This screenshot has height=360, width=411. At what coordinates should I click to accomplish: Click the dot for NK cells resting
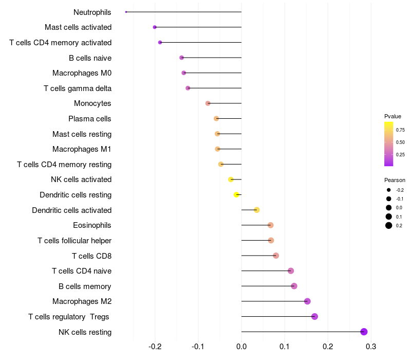coord(364,332)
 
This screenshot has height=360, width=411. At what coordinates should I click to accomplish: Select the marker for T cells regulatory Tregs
coord(314,316)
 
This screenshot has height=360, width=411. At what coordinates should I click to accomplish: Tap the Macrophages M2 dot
coord(307,301)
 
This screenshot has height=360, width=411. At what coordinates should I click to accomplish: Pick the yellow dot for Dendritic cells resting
coord(236,194)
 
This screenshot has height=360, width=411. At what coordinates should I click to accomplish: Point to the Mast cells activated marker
coord(155,27)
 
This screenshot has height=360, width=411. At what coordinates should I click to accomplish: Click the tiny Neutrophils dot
coord(126,12)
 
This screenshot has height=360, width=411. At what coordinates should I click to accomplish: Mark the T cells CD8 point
coord(276,256)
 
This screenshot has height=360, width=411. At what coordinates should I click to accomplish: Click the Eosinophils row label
coord(92,225)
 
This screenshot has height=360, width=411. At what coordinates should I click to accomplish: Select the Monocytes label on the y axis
coord(92,103)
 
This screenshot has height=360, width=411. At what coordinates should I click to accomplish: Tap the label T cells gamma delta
coord(78,88)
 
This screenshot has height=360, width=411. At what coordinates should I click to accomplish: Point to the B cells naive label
coord(90,58)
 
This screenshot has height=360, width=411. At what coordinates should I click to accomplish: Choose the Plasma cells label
coord(90,119)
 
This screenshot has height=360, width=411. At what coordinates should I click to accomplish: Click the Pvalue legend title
coord(393,116)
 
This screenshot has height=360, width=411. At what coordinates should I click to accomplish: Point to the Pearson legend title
coord(395,180)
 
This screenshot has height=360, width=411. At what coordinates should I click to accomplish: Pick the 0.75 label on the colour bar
coord(400,130)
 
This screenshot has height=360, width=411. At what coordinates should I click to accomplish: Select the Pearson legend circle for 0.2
coord(389,225)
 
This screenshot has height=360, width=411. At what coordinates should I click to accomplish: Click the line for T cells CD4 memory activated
coord(200,42)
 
